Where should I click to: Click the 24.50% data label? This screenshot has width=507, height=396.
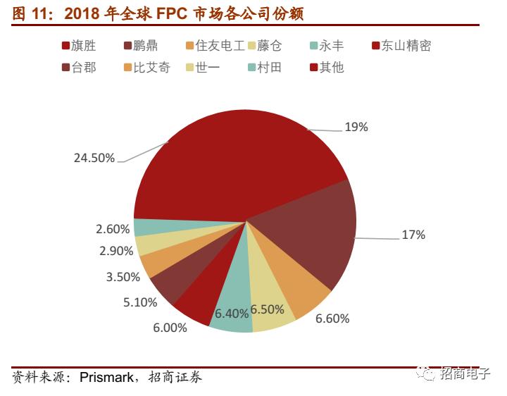pyautogui.click(x=94, y=158)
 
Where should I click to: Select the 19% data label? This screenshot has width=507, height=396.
pyautogui.click(x=356, y=128)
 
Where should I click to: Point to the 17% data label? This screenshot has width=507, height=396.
pyautogui.click(x=413, y=235)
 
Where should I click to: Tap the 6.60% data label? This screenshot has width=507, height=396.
pyautogui.click(x=332, y=318)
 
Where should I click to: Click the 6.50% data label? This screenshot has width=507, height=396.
pyautogui.click(x=267, y=309)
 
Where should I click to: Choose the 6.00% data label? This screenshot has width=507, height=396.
pyautogui.click(x=170, y=328)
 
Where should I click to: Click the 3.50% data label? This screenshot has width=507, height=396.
pyautogui.click(x=123, y=277)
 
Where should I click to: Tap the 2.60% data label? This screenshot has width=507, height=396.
pyautogui.click(x=113, y=229)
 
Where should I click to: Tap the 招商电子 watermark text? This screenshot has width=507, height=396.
pyautogui.click(x=465, y=374)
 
